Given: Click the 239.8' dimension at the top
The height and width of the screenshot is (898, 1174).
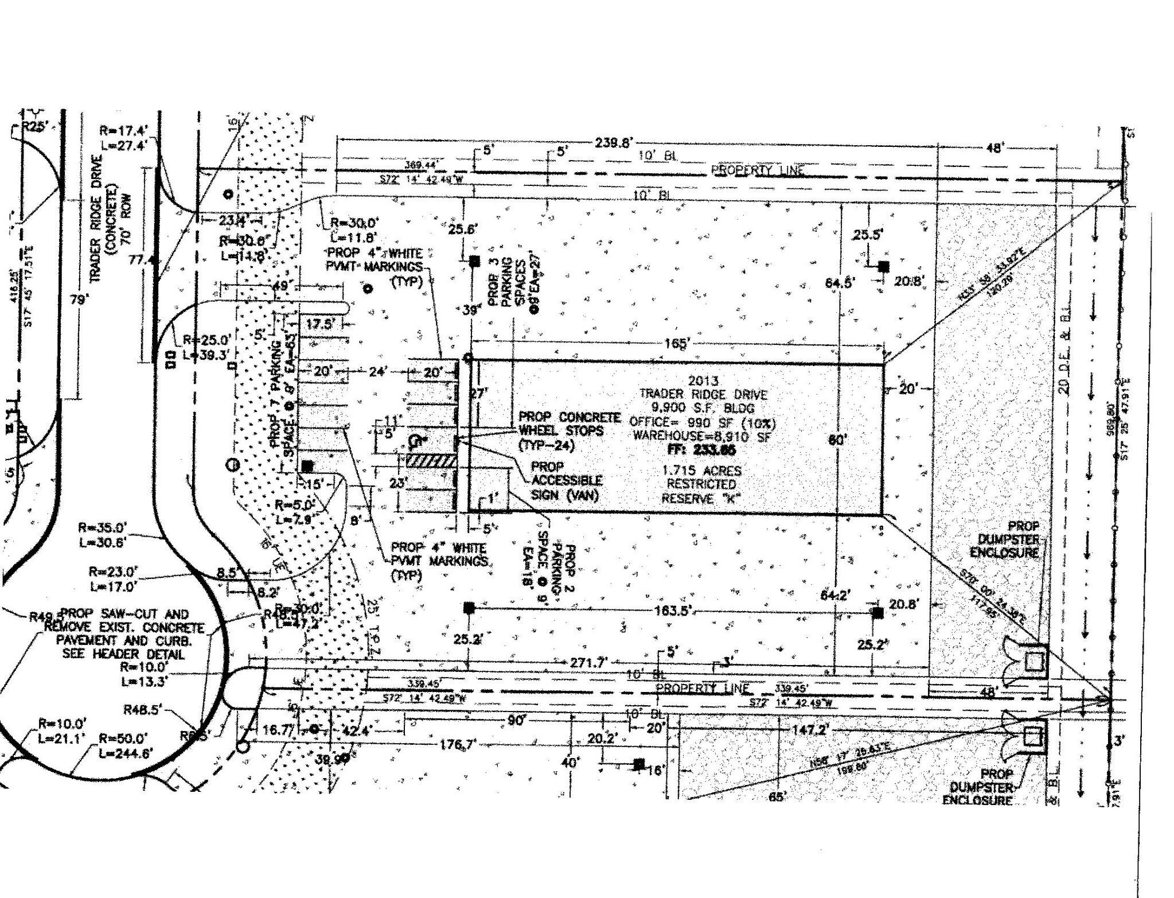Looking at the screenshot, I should (x=613, y=142).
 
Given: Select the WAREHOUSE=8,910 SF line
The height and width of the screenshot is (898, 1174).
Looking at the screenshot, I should (x=702, y=436).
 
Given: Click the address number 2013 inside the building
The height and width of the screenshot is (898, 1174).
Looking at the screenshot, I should (x=703, y=381).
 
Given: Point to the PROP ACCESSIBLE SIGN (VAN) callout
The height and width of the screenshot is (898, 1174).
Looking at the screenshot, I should (x=566, y=480).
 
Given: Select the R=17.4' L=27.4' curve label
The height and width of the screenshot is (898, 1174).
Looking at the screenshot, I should (x=123, y=138).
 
